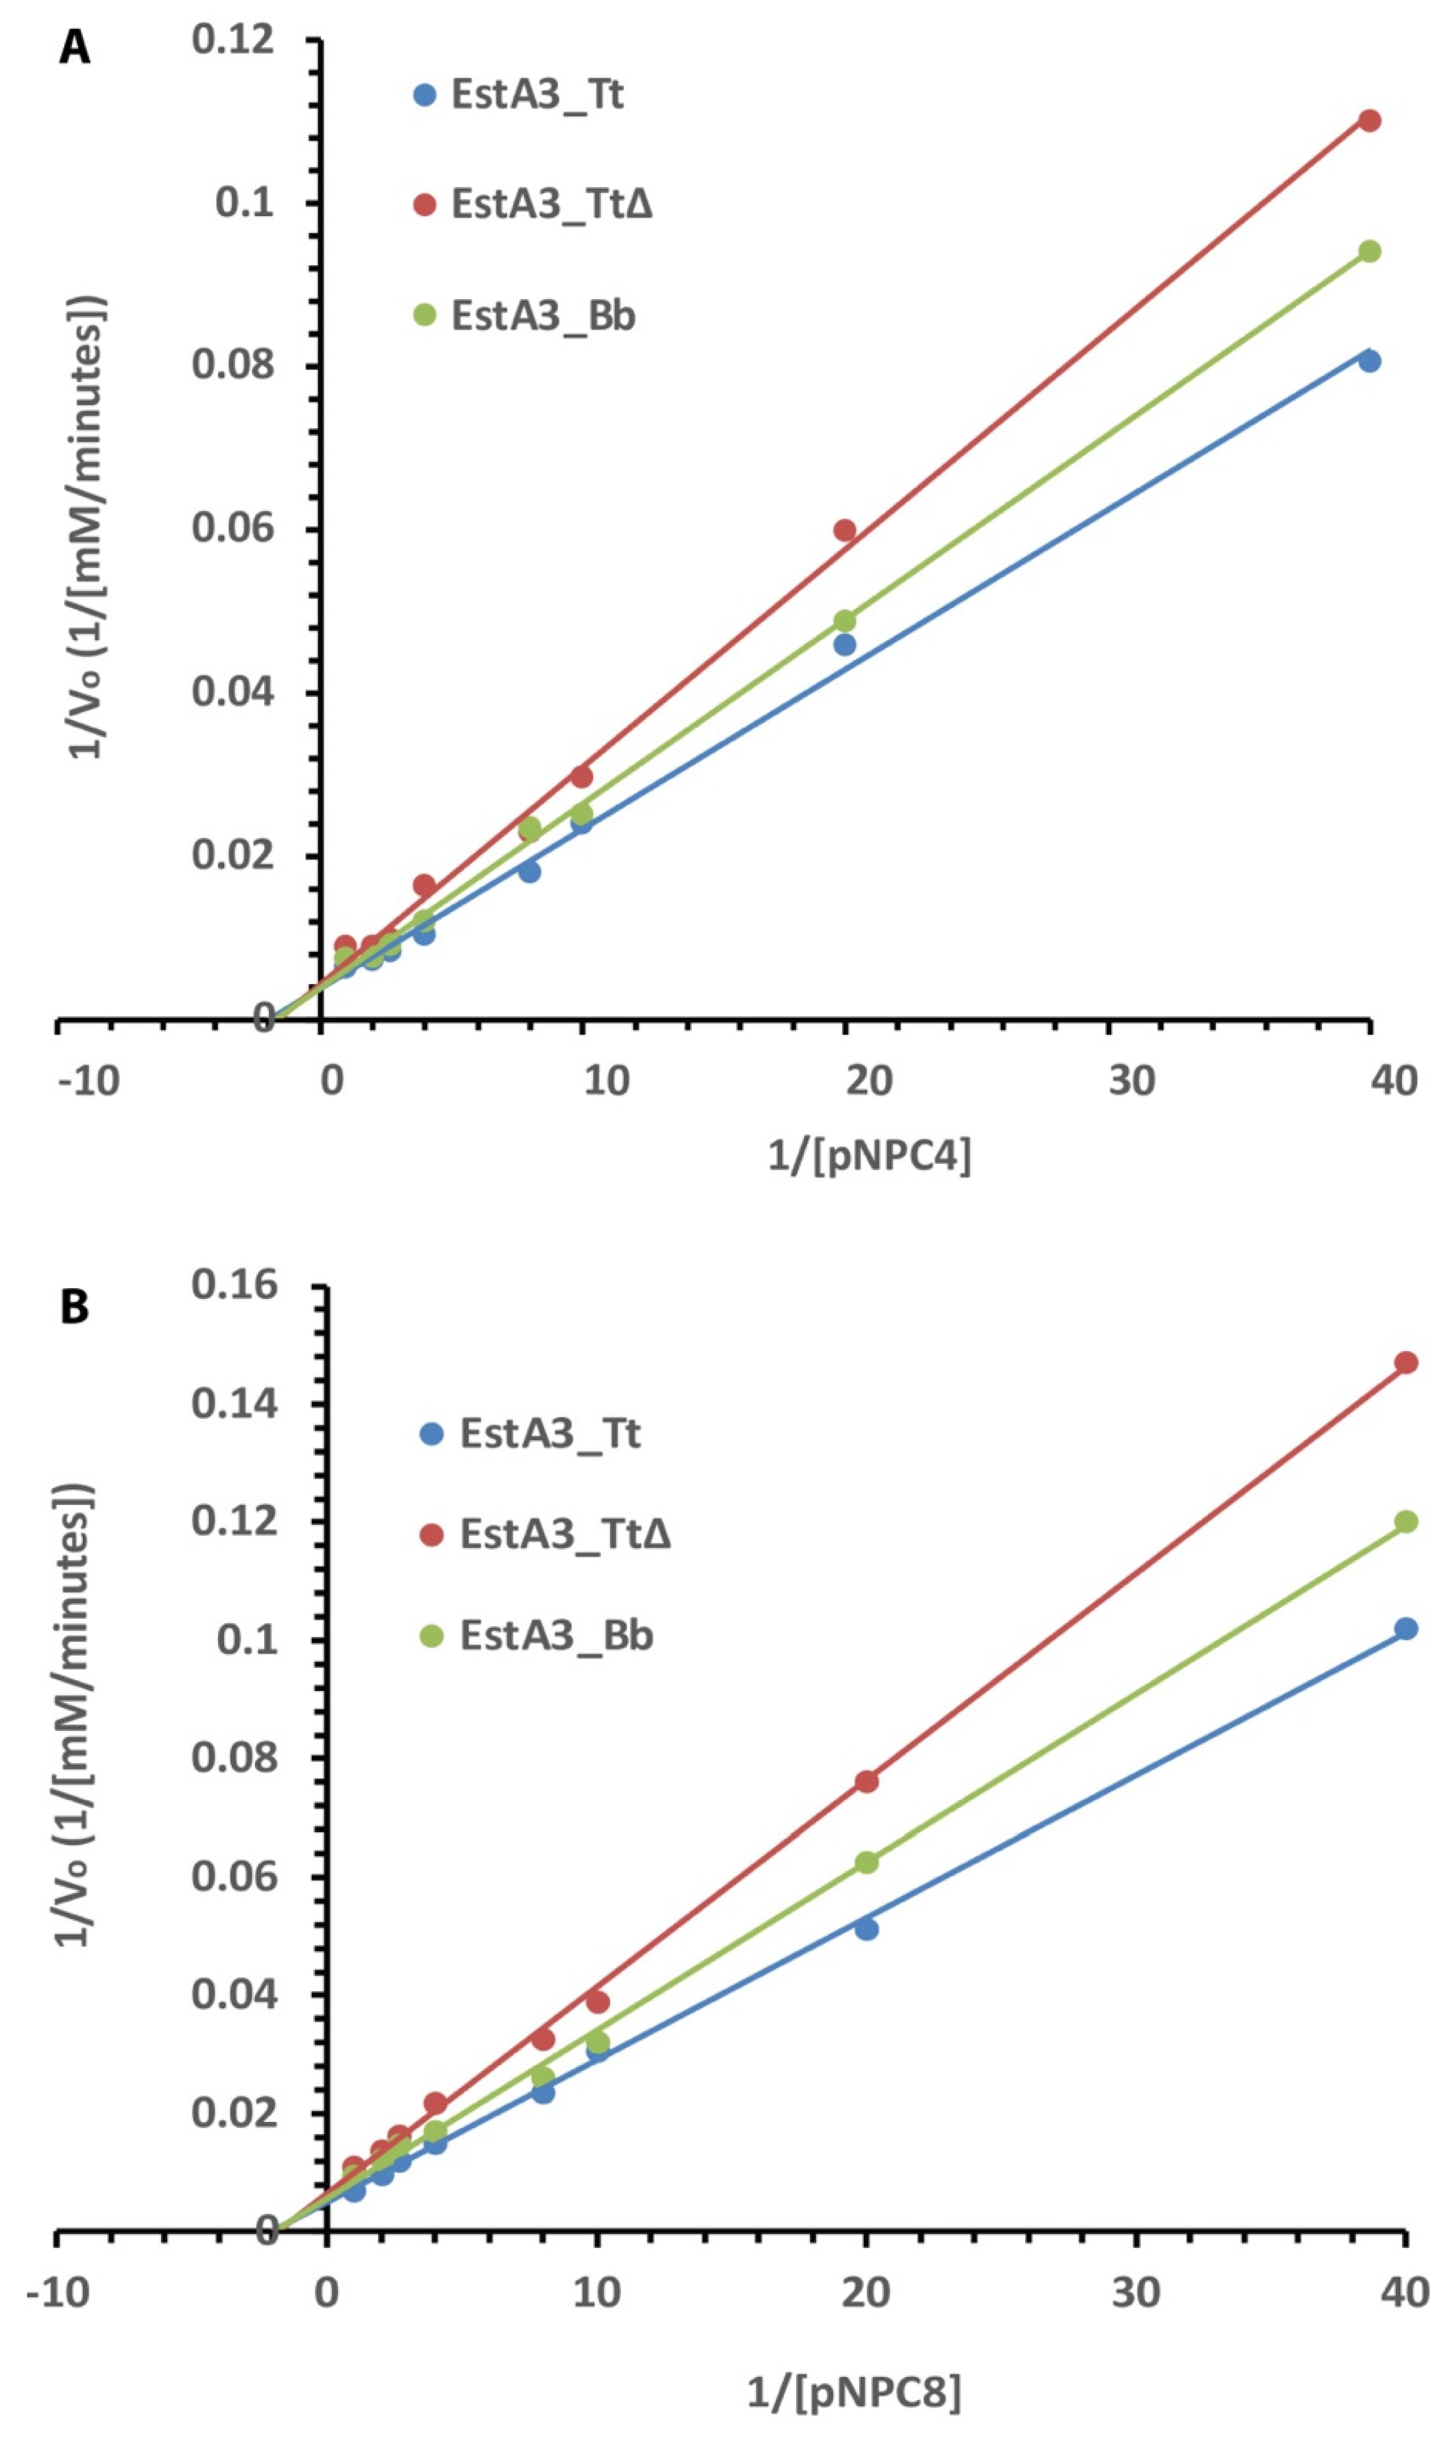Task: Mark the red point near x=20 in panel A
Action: point(845,531)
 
